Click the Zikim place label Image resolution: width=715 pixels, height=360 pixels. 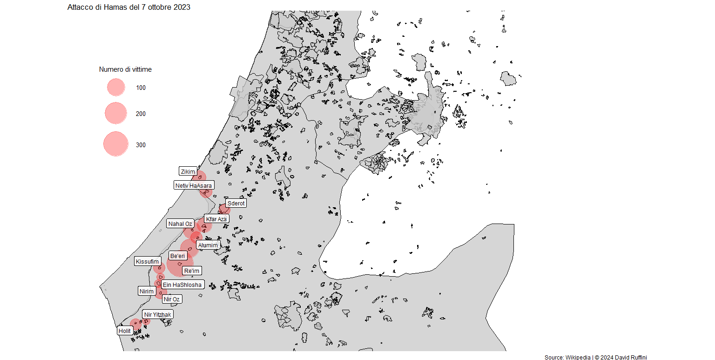coord(188,171)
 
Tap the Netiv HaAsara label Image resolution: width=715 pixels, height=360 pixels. coord(193,185)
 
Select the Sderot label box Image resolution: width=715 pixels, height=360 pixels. coord(236,204)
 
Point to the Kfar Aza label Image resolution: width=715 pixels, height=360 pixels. coord(216,219)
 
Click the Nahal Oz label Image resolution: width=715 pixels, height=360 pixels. coord(180,224)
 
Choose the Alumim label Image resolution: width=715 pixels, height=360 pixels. coord(208,245)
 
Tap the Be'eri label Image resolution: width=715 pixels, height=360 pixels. coord(178,256)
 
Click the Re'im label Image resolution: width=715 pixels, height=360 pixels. coord(192,271)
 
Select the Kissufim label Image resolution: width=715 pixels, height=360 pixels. coord(148,262)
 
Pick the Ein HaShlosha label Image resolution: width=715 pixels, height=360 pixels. coord(182,285)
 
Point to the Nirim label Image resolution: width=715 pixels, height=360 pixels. coord(146,292)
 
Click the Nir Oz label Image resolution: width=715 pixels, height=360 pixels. coord(172,299)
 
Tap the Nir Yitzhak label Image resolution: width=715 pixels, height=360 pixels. coord(157,315)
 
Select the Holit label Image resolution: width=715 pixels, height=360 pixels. coord(125,331)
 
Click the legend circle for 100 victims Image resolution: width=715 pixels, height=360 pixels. coord(116,88)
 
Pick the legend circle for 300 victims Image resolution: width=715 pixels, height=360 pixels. coord(116,144)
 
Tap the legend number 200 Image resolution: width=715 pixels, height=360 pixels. coord(141,114)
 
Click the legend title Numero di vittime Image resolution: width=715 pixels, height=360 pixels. coord(125,69)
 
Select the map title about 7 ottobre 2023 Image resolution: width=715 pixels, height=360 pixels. coord(128,7)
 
